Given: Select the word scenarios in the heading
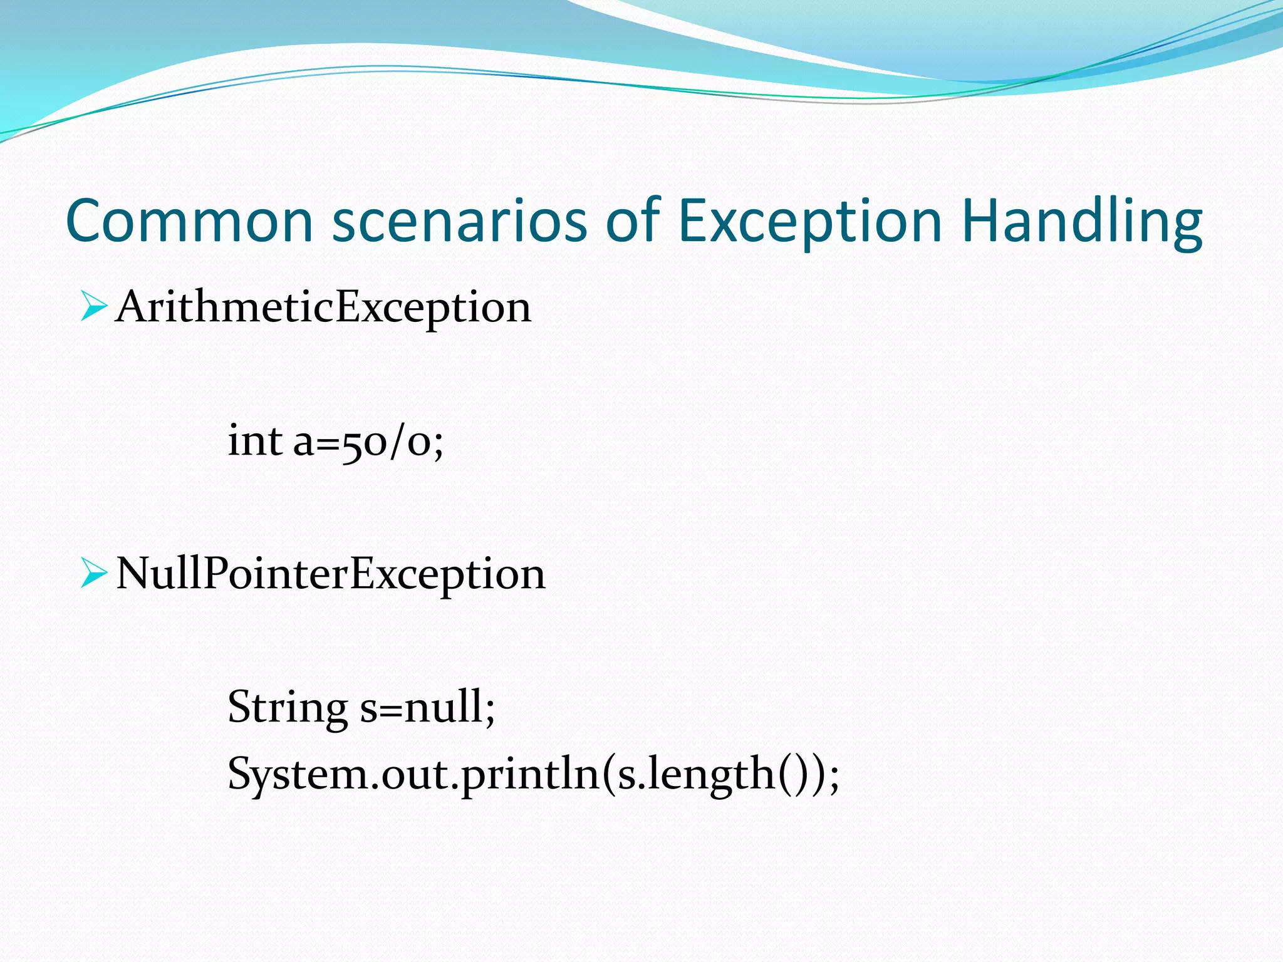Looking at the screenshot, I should [459, 220].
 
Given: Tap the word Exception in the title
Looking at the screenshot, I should [810, 220].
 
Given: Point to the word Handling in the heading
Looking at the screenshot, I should [1081, 220].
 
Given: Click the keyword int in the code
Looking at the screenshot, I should [254, 440].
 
